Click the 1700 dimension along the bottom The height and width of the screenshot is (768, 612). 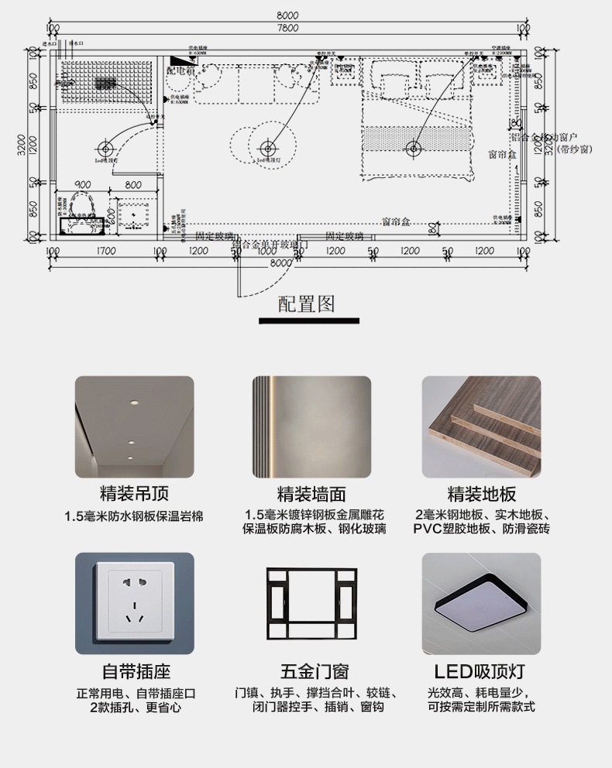pos(105,251)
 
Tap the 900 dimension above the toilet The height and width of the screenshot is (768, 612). pos(81,185)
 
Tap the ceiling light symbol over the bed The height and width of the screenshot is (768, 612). pos(413,148)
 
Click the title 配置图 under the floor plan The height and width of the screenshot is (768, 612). pos(307,303)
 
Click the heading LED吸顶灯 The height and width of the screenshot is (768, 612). pos(481,671)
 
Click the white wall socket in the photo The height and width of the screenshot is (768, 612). pos(134,603)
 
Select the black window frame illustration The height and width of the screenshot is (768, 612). pos(312,603)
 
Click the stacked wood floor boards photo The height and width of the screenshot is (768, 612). pos(480,426)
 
